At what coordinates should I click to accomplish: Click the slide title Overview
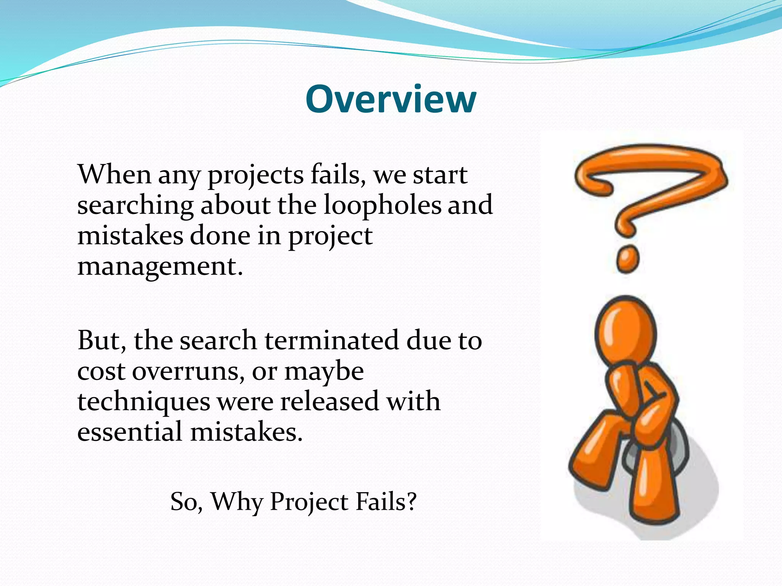click(391, 99)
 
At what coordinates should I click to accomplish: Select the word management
click(160, 267)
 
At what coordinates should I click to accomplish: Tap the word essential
click(129, 432)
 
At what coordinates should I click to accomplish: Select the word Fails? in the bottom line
click(386, 501)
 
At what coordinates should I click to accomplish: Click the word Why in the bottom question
click(237, 502)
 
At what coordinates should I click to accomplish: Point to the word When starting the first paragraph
click(114, 174)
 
